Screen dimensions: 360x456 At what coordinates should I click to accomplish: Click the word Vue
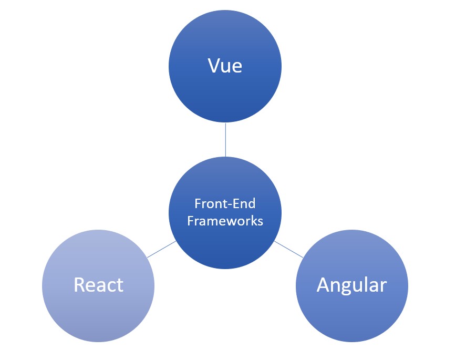225,66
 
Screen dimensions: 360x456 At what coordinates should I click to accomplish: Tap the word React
98,284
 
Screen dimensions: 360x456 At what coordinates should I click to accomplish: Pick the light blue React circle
98,315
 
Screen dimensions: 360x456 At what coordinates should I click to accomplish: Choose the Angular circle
351,315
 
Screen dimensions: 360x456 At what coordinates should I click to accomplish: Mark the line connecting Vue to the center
225,140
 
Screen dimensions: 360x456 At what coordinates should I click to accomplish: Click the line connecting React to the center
161,249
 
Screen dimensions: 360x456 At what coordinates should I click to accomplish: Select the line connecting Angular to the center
288,249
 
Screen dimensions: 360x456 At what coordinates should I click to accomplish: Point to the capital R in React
79,284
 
